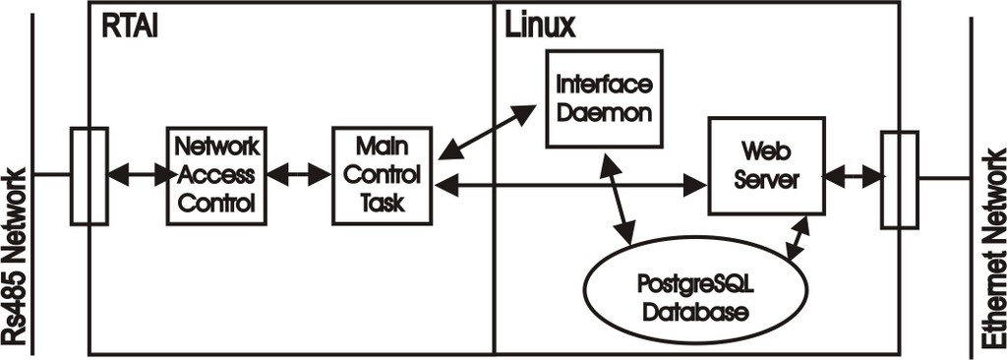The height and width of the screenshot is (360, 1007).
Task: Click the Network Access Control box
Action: [x=216, y=175]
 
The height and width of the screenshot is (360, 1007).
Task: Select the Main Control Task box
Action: [x=382, y=175]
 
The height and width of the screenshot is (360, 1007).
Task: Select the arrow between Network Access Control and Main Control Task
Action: [x=300, y=175]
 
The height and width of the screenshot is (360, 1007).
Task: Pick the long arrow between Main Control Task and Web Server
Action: [x=570, y=183]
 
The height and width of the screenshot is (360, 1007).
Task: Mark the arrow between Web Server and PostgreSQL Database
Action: [x=798, y=237]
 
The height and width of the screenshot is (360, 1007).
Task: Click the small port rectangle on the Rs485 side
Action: [x=89, y=175]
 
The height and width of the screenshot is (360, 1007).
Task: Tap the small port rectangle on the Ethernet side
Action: [x=899, y=179]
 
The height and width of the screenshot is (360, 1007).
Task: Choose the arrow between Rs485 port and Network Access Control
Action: [x=138, y=175]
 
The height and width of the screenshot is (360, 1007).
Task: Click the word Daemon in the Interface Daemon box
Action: [x=603, y=111]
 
